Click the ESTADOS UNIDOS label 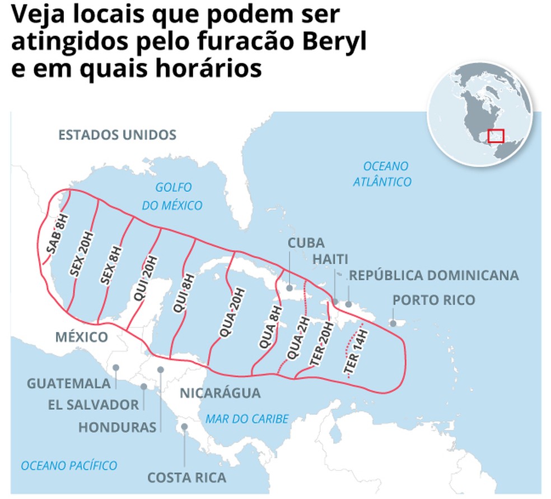tap(118, 135)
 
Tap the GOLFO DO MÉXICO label tap(172, 196)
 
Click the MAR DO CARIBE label tap(247, 419)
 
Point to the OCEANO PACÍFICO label tap(69, 465)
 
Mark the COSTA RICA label tap(186, 478)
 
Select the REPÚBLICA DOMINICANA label tap(434, 276)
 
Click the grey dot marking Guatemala tap(115, 368)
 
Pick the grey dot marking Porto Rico tap(394, 323)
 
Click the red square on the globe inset tap(496, 136)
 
